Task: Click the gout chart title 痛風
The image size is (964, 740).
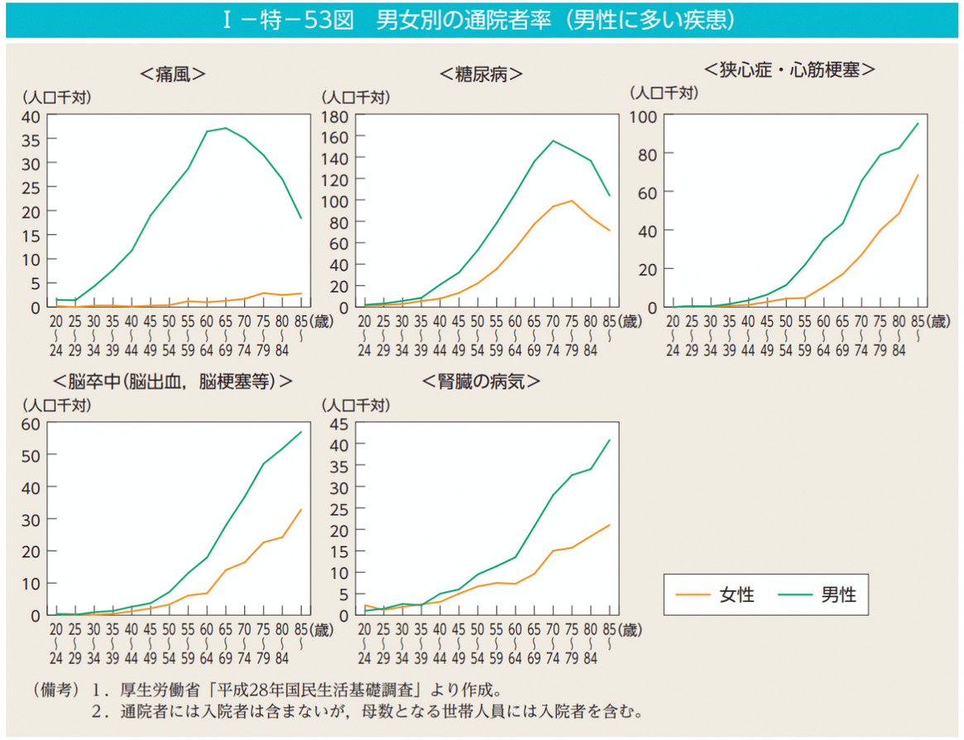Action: [172, 74]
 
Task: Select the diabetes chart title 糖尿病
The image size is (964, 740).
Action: [482, 74]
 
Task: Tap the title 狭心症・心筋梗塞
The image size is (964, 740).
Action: [789, 69]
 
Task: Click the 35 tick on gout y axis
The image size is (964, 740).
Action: [31, 140]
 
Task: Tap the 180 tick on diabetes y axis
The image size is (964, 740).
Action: [337, 117]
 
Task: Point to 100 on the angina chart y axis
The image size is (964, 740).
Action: [644, 117]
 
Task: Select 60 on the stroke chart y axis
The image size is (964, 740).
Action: [31, 424]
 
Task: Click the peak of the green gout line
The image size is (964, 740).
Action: [225, 128]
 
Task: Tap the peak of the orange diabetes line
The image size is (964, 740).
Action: [571, 201]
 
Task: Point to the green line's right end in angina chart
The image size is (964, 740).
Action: [918, 123]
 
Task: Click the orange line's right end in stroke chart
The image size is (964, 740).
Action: [301, 509]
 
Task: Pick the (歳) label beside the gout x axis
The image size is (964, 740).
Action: [321, 321]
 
